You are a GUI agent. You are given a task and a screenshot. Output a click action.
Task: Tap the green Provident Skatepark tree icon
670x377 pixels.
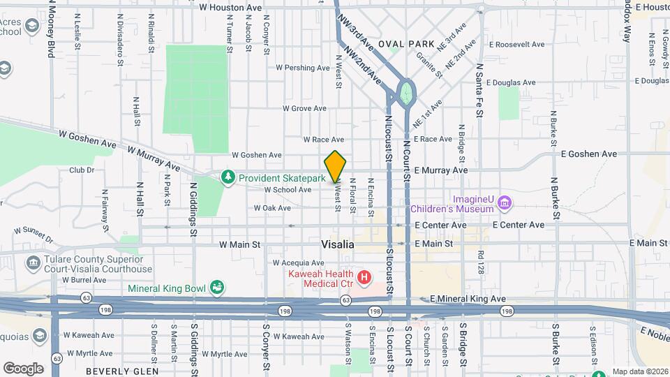tap(228, 178)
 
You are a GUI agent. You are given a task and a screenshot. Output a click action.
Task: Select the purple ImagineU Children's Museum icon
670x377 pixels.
tap(505, 203)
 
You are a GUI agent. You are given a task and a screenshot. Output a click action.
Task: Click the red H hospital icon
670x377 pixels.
tap(363, 279)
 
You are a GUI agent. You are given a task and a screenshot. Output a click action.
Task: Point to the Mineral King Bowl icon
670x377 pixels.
tap(218, 287)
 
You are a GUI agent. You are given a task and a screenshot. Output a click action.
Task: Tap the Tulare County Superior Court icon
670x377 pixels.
tap(33, 263)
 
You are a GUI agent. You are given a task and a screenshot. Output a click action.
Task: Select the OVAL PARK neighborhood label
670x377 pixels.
tap(406, 43)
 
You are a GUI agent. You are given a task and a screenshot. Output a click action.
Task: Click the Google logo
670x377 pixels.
tap(23, 368)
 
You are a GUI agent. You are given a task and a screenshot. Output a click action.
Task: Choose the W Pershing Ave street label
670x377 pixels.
tap(302, 68)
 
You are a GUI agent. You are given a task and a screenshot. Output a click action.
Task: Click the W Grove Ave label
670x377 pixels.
tap(304, 108)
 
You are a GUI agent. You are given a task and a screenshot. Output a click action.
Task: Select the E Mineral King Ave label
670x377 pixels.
tap(468, 298)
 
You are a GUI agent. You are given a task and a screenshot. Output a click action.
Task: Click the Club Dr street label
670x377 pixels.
tap(81, 170)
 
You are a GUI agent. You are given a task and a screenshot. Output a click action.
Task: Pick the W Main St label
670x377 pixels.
tap(239, 245)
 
